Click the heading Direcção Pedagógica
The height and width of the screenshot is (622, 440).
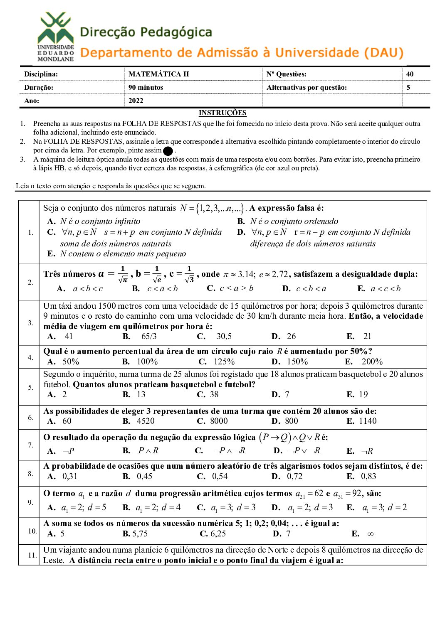point(146,32)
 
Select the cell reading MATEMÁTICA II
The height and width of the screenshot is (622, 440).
point(158,74)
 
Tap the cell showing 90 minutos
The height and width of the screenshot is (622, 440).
point(146,87)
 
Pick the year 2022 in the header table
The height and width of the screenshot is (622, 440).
point(136,101)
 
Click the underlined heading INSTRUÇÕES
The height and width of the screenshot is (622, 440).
point(222,113)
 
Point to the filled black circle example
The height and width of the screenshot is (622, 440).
point(168,151)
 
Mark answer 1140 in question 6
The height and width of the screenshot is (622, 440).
point(368,421)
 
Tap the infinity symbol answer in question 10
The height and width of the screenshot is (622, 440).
point(370,534)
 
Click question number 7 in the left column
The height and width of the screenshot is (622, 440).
point(30,445)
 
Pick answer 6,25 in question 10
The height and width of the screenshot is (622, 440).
point(218,533)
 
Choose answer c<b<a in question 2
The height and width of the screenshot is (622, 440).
point(311,288)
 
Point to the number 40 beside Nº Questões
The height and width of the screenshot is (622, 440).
point(410,74)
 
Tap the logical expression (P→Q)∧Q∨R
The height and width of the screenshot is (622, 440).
point(289,437)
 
